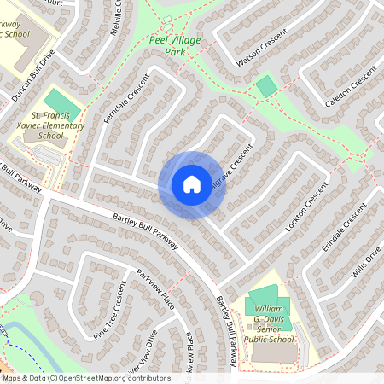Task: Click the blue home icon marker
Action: [x=192, y=184]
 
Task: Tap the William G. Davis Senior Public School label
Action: [x=269, y=325]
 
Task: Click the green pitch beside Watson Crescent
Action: [x=266, y=86]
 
